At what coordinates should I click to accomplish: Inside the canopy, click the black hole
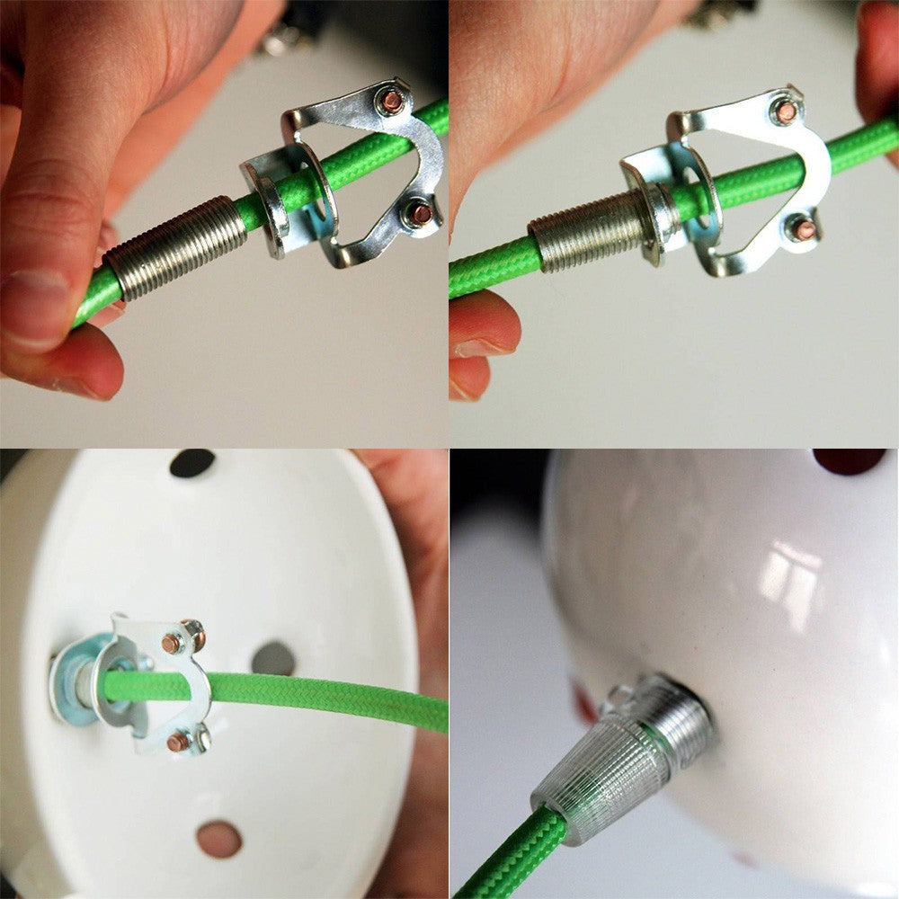192,463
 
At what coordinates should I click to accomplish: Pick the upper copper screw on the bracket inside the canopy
173,642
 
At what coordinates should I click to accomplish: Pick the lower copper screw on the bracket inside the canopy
178,742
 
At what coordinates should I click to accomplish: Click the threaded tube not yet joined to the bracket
175,247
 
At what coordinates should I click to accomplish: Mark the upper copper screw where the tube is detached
392,102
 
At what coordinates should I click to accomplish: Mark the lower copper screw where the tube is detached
420,214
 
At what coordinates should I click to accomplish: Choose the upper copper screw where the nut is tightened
786,111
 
